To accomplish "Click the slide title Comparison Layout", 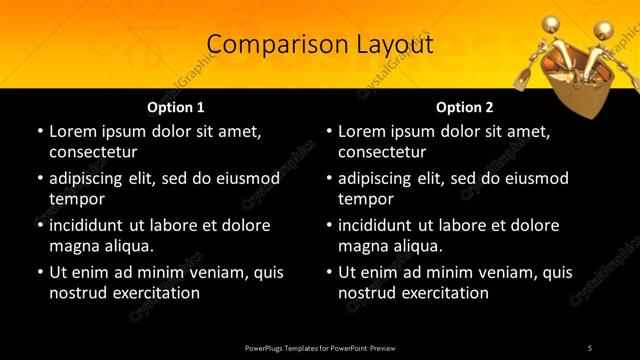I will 320,45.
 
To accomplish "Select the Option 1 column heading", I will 176,107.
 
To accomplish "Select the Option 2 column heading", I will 465,107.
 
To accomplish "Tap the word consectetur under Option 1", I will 93,152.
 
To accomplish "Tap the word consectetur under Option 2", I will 383,152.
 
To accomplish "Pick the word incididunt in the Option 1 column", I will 91,225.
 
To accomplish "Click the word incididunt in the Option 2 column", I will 381,225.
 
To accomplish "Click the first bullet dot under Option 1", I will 39,131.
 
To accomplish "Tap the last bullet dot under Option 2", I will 329,272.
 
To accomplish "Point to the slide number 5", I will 589,347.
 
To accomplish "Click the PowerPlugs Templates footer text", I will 320,347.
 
